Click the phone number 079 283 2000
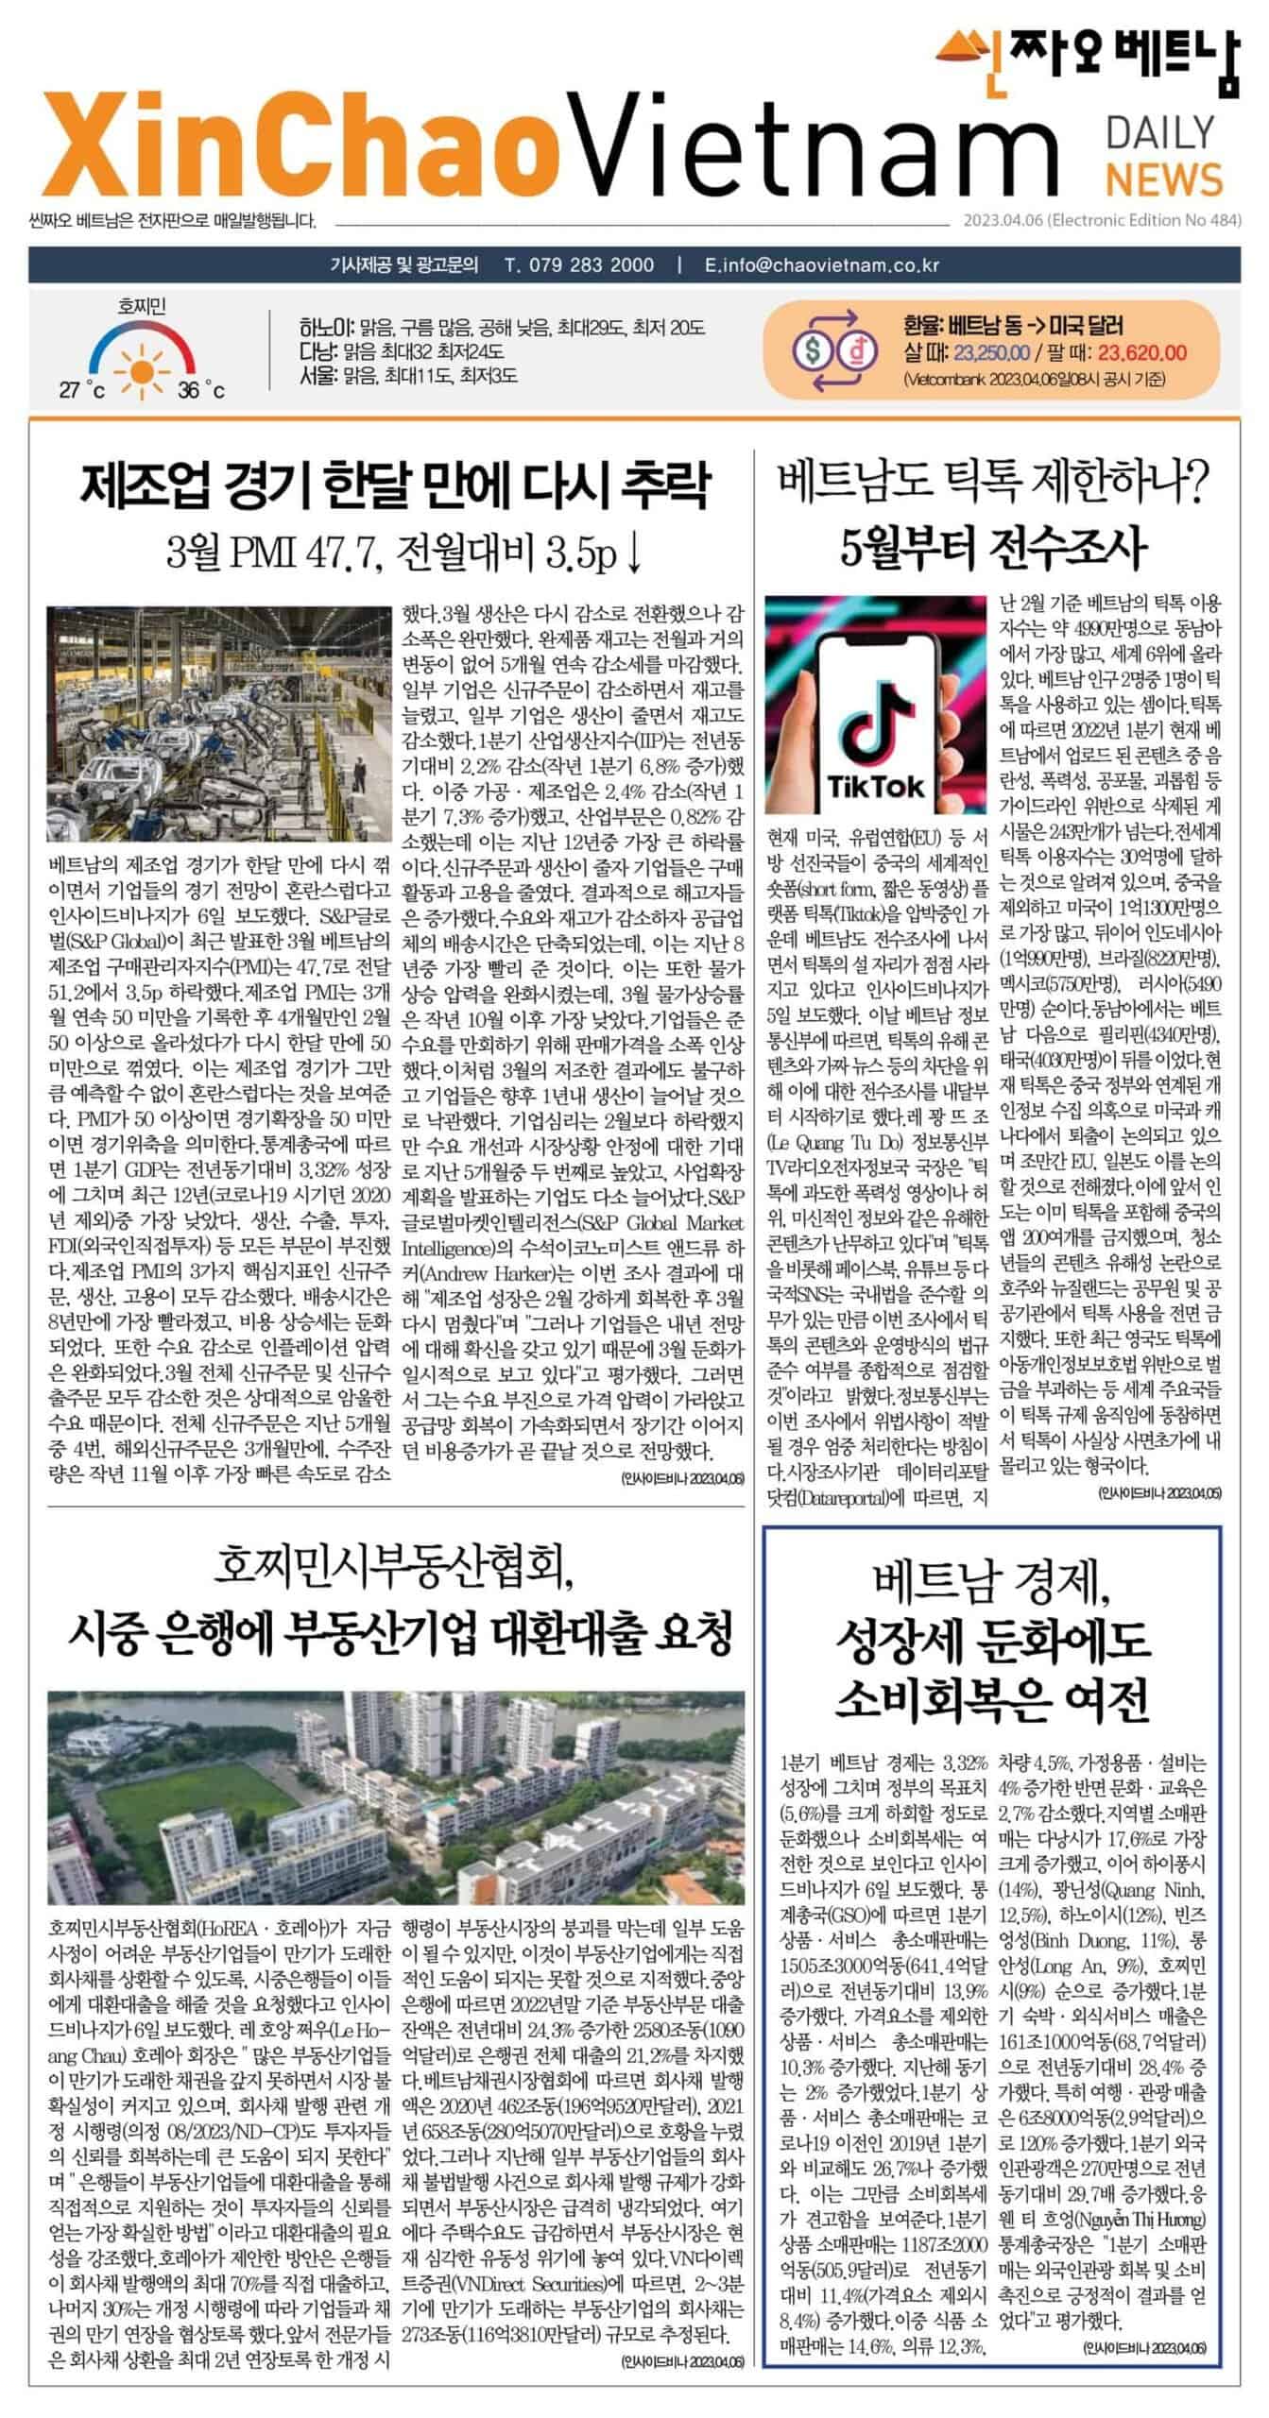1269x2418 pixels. (x=579, y=264)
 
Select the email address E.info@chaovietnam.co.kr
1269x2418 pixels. (x=822, y=264)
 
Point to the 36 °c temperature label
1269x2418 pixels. (x=201, y=391)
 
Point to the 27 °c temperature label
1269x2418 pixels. (x=82, y=391)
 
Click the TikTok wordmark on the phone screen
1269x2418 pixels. (x=876, y=786)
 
